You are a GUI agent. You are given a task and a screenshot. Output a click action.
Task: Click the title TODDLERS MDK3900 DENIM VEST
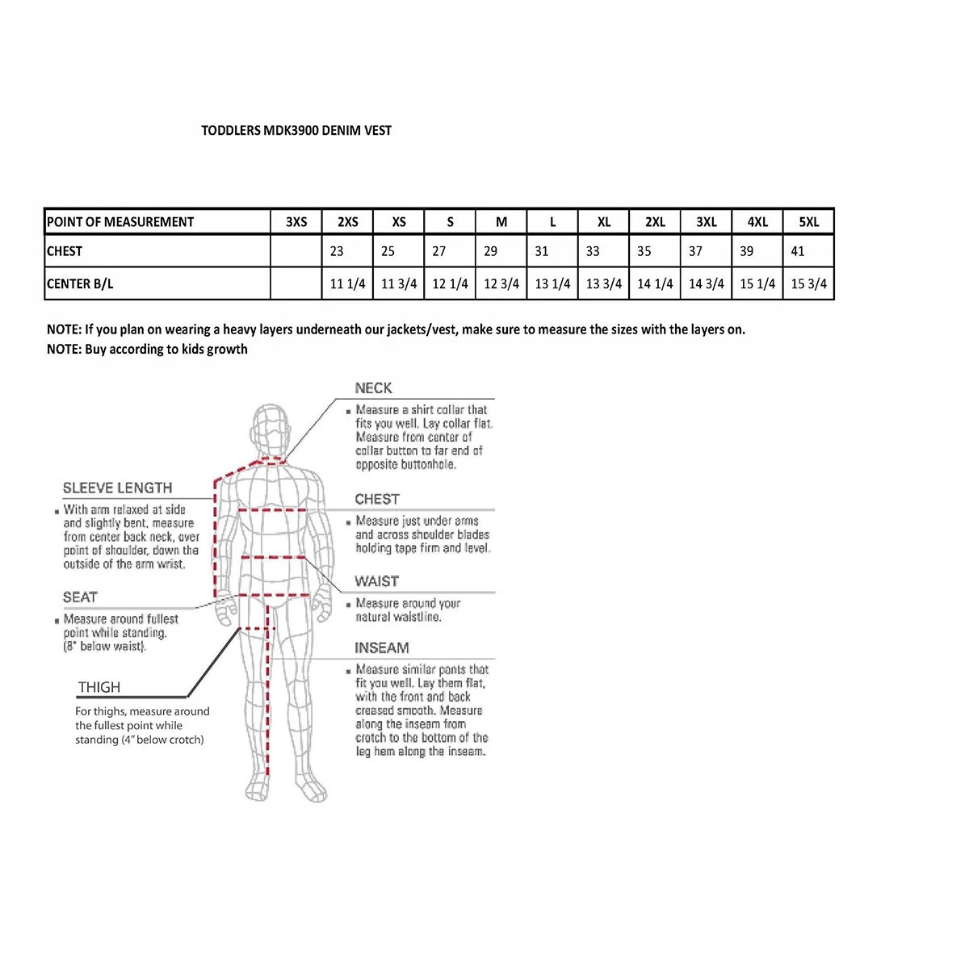coord(296,130)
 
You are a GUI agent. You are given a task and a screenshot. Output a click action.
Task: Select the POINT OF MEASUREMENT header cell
coord(120,222)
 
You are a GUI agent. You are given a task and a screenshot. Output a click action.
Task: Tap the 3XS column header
coord(296,222)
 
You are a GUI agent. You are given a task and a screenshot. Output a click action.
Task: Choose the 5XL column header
coord(808,222)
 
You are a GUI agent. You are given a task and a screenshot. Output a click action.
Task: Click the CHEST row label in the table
coord(65,251)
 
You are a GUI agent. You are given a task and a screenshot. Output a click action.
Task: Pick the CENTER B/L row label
coord(80,283)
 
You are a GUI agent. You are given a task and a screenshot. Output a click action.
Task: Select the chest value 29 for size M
coord(491,251)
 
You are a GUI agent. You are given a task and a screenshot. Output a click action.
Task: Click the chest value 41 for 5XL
coord(798,251)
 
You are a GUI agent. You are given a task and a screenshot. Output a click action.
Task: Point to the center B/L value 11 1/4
coord(348,283)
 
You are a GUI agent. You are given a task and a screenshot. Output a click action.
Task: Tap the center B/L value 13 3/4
coord(604,283)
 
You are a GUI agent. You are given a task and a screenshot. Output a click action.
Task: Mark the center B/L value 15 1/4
coord(757,283)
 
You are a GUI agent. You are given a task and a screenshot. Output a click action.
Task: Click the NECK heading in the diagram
coord(373,388)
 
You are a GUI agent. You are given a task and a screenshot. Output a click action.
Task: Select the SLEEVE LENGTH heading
coord(118,488)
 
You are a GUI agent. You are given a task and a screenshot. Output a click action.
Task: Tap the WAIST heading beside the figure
coord(376,581)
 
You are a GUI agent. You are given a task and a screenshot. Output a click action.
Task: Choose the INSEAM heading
coord(381,648)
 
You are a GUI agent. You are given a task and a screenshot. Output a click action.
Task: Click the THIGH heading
coord(99,687)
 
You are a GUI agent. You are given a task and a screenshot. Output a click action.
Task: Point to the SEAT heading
coord(80,598)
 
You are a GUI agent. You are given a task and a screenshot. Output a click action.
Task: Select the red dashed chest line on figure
coord(272,510)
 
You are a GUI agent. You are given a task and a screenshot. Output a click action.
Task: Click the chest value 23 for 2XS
coord(337,251)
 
